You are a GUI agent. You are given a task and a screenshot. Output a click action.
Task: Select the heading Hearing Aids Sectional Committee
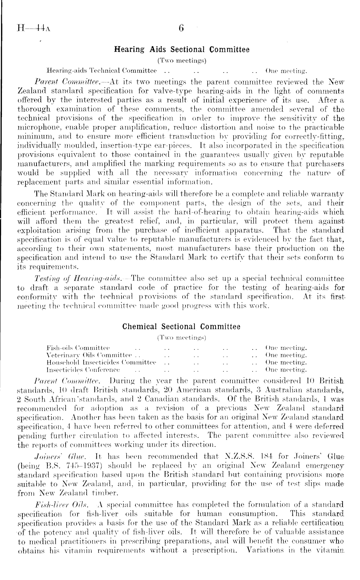point(182,50)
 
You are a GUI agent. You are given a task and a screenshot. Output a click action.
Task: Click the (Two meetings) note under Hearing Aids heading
point(182,60)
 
